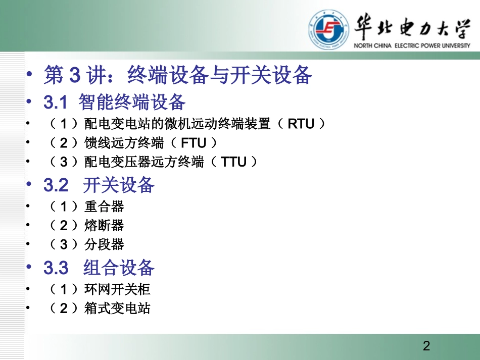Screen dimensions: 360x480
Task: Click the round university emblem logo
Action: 328,30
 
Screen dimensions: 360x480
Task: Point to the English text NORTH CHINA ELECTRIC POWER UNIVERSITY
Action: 412,45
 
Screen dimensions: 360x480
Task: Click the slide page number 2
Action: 426,346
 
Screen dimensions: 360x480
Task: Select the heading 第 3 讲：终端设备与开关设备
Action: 178,76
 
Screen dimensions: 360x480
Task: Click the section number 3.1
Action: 56,102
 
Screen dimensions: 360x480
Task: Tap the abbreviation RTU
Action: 301,124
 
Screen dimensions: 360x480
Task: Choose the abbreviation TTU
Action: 234,162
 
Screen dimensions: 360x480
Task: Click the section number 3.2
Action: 56,185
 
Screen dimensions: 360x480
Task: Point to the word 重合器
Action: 104,207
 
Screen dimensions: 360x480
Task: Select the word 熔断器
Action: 104,226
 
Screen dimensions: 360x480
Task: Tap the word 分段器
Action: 104,245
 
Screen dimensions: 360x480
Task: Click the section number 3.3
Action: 56,268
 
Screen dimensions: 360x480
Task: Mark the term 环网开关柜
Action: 117,289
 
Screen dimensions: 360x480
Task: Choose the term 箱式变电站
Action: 117,308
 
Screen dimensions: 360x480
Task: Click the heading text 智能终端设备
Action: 132,102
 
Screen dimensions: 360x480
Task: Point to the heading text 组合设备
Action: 119,268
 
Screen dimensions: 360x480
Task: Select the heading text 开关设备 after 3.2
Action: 119,185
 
